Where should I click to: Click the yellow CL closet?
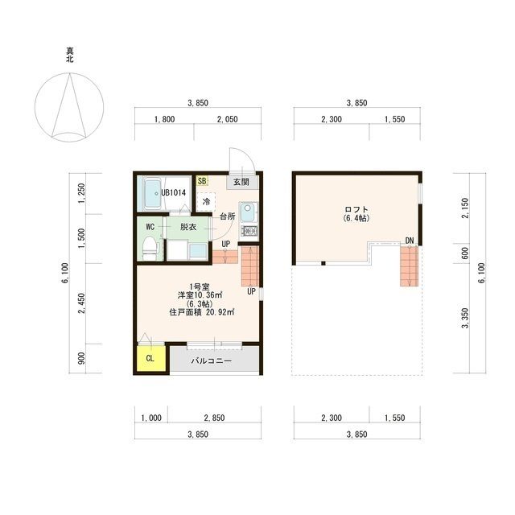[151, 357]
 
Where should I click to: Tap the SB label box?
[202, 180]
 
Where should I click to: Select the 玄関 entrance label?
[241, 182]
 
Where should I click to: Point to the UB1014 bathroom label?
[174, 193]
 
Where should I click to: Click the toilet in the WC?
[150, 249]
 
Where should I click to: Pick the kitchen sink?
[248, 212]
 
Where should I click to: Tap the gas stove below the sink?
[249, 231]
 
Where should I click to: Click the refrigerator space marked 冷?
[206, 202]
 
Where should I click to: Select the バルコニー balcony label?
[212, 360]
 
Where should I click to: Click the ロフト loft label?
[356, 209]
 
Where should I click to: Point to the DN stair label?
[410, 241]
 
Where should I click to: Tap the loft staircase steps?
[410, 266]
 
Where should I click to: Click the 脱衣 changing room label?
[188, 227]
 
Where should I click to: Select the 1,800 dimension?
[164, 119]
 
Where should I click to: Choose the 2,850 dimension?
[215, 418]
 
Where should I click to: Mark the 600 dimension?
[465, 253]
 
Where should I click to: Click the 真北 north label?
[70, 55]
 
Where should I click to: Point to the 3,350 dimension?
[465, 318]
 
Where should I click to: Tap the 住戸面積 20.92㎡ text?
[201, 312]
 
